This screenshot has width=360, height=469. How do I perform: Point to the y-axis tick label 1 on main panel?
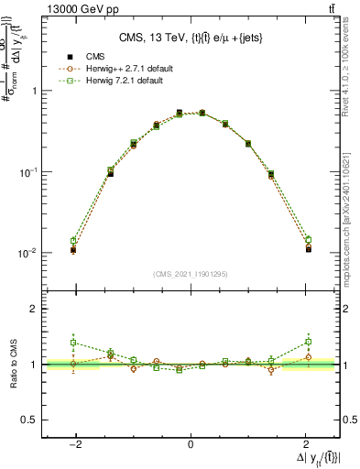pyautogui.click(x=33, y=92)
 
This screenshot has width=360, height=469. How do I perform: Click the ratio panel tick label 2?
pyautogui.click(x=33, y=310)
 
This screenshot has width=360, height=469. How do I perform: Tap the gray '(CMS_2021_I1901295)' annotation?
pyautogui.click(x=191, y=275)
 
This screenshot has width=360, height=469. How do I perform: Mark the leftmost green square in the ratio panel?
pyautogui.click(x=74, y=343)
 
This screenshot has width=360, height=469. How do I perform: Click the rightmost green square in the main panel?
pyautogui.click(x=309, y=240)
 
